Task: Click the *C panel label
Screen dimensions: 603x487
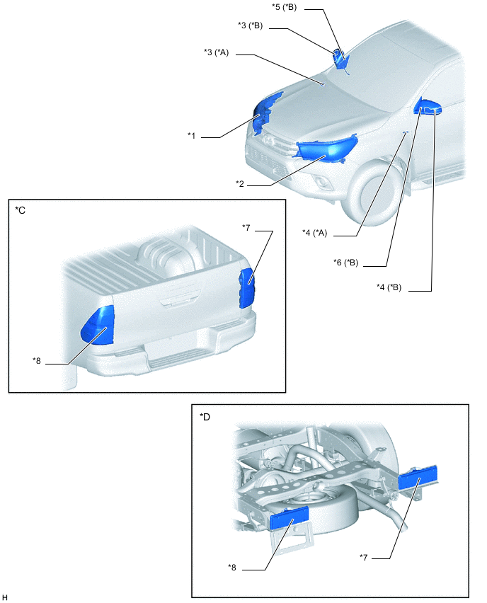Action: click(21, 210)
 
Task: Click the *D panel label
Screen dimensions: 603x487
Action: click(206, 416)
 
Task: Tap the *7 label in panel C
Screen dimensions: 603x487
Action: click(246, 227)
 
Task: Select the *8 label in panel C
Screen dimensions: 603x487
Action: click(38, 360)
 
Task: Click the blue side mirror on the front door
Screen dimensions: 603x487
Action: click(429, 108)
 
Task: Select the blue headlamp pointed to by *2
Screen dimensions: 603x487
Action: click(325, 149)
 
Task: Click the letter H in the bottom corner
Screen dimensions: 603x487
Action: click(5, 597)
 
